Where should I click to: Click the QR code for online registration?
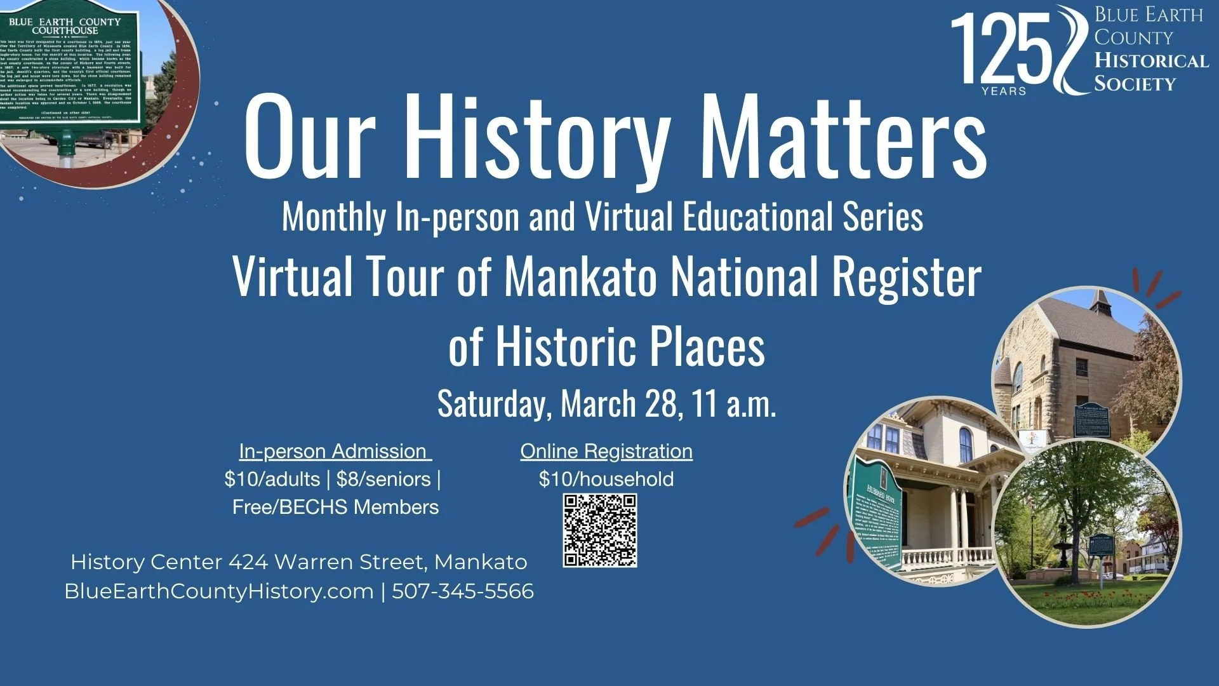600,530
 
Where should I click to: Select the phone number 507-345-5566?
463,591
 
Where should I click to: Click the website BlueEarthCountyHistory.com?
219,591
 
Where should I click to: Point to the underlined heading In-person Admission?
335,451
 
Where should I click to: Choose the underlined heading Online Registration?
606,451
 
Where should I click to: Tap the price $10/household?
606,479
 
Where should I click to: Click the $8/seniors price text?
383,479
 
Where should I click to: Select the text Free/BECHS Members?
335,507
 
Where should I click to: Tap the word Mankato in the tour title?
580,277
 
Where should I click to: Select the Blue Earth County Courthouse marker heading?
65,26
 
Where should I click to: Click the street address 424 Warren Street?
328,562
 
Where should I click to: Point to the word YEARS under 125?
1004,91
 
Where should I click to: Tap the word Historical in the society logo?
1151,61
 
